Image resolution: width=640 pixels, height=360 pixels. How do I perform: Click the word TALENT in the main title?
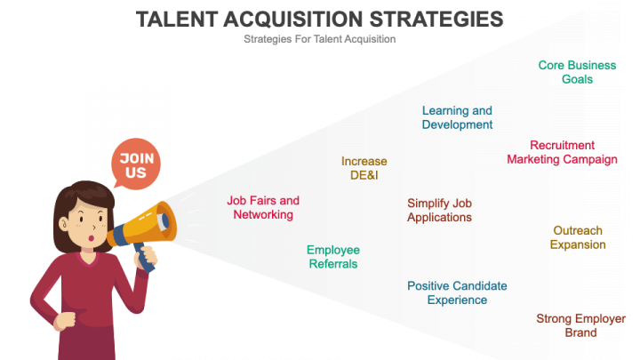click(x=177, y=20)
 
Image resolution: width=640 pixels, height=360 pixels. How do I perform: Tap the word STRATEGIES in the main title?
click(x=436, y=20)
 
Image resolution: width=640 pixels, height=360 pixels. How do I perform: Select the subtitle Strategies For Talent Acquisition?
click(x=320, y=39)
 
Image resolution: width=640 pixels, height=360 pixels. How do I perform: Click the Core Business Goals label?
click(x=577, y=72)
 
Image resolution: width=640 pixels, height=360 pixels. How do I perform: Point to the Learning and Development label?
click(x=457, y=117)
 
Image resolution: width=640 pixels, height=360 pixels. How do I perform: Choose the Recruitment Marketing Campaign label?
click(x=562, y=152)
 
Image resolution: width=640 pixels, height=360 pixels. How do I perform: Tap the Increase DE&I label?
click(x=364, y=168)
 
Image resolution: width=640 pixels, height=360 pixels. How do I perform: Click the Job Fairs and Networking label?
click(x=263, y=207)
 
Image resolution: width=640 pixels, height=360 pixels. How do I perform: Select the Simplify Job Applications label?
click(x=440, y=210)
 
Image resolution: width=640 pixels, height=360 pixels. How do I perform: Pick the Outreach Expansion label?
click(x=578, y=237)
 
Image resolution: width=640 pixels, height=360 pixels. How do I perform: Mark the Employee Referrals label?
click(x=333, y=257)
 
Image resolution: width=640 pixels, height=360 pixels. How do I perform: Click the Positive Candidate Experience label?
click(x=457, y=292)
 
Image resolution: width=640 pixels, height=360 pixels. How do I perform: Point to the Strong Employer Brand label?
click(x=580, y=325)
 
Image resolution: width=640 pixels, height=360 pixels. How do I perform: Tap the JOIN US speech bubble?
click(x=136, y=164)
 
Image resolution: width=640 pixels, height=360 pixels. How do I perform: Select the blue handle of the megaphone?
click(x=144, y=257)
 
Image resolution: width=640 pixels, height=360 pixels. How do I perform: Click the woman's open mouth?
click(x=91, y=238)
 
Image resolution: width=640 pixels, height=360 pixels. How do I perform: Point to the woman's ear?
click(x=64, y=224)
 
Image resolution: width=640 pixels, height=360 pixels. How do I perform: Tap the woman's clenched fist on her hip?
click(x=65, y=320)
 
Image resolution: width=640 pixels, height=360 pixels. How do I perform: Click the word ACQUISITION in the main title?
click(x=293, y=20)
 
